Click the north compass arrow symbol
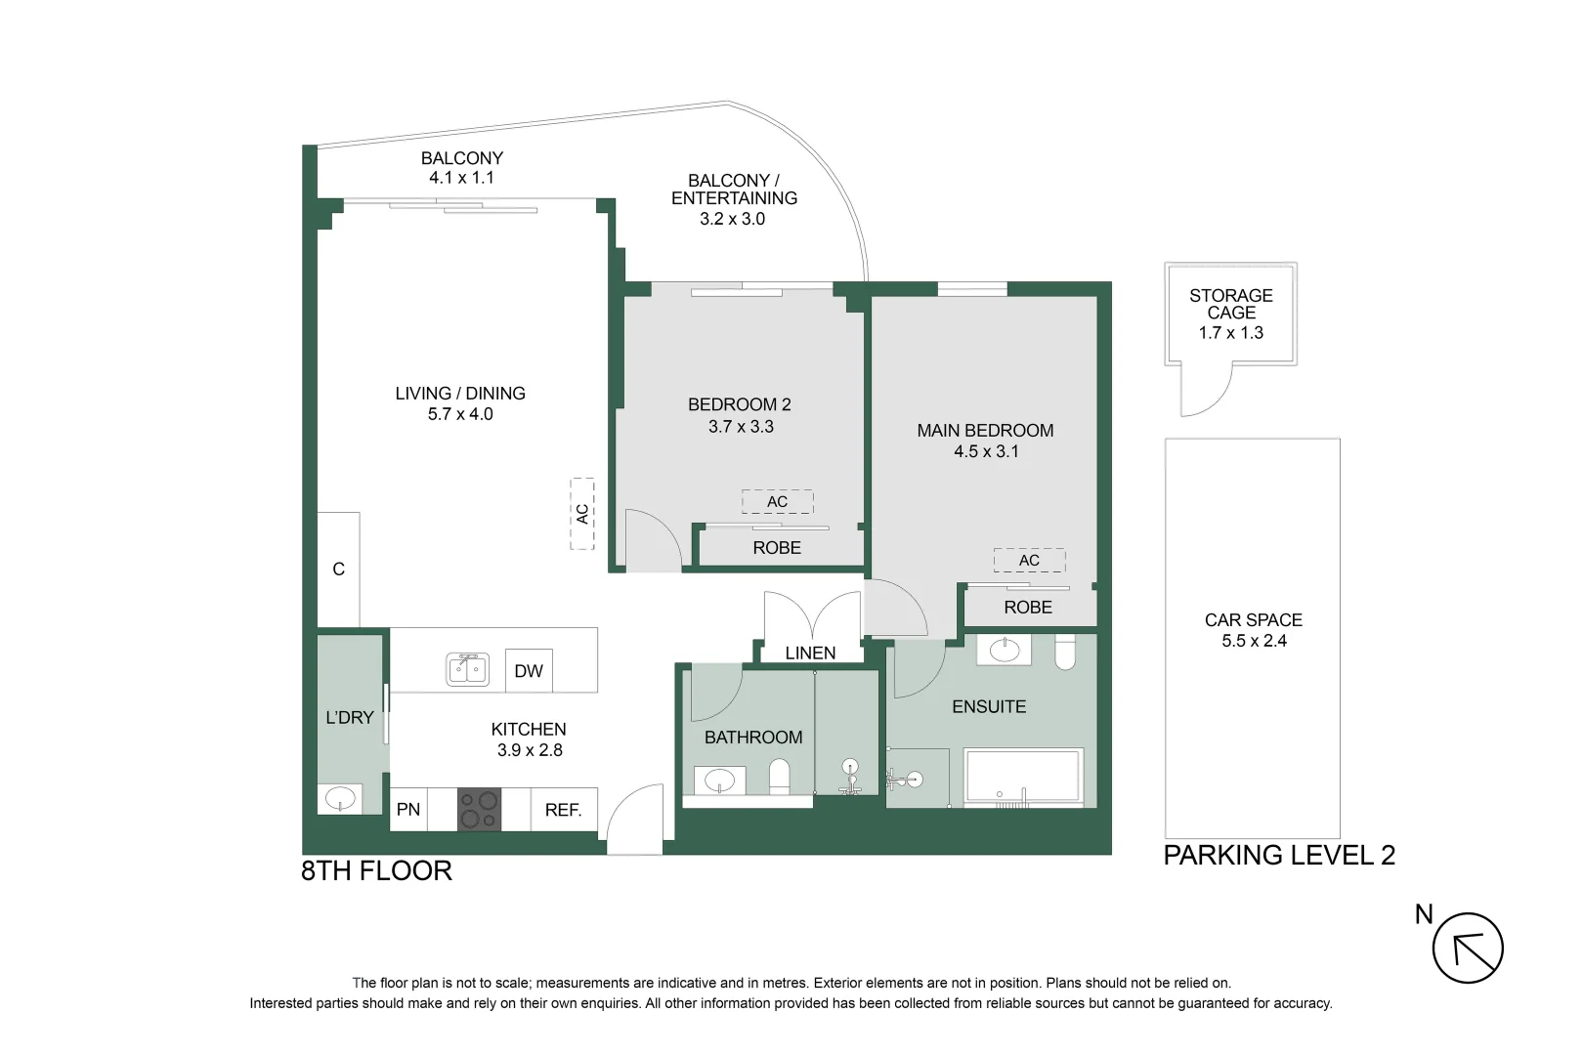[1468, 949]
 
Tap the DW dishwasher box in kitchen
[529, 671]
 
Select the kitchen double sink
[468, 670]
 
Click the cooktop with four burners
[479, 810]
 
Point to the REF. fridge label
[563, 810]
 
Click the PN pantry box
[408, 810]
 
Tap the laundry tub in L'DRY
[340, 798]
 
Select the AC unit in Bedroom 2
[777, 502]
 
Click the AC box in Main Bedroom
[1029, 560]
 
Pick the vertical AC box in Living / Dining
[582, 513]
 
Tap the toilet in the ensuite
[1065, 653]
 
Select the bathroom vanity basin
[720, 781]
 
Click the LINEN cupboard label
[810, 654]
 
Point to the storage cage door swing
[1204, 391]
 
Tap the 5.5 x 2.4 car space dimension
[1254, 641]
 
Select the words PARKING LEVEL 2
[1278, 856]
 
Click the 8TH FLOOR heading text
[376, 871]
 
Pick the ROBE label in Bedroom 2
[777, 548]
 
